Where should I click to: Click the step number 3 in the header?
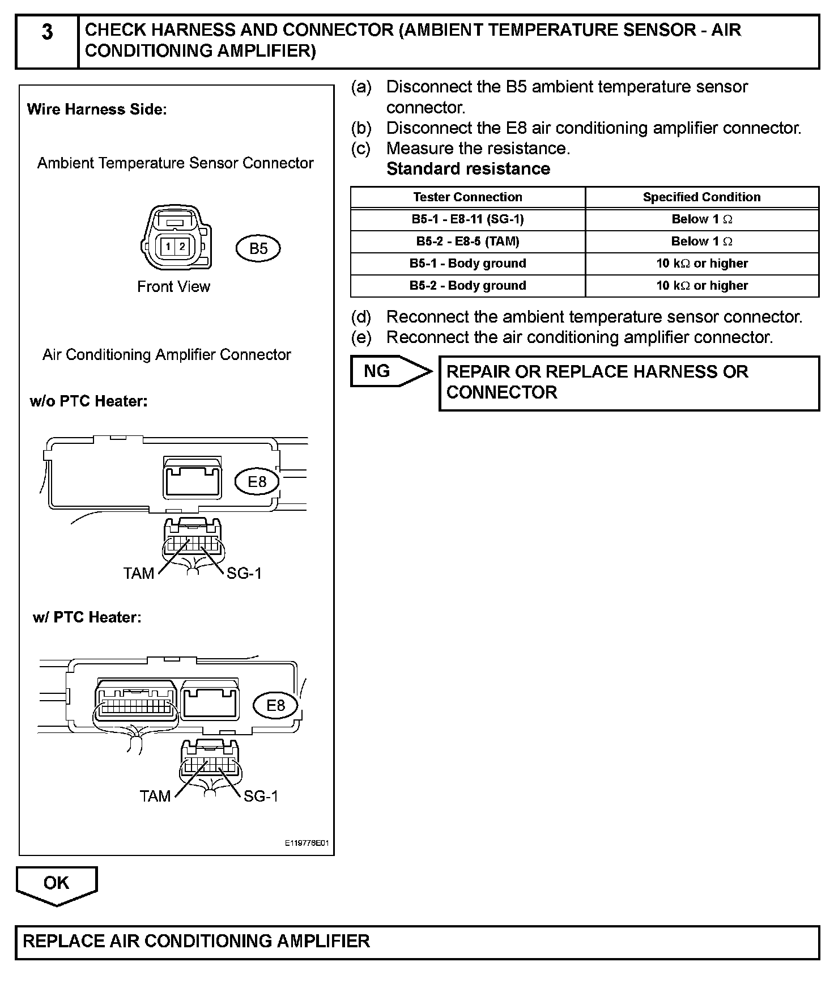pos(47,33)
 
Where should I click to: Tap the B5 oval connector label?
pos(258,248)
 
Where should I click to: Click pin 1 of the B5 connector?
pos(169,247)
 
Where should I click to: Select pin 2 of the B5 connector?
pos(182,247)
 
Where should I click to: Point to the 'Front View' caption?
pos(173,287)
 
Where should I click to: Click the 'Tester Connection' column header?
pos(467,197)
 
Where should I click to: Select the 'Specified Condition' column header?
pos(701,197)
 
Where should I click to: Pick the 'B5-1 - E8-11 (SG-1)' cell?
pos(467,219)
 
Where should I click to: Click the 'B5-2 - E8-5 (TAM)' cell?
pos(467,241)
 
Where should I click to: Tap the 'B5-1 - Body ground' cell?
pos(467,264)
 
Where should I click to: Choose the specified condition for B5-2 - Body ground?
pos(701,286)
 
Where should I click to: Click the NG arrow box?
pos(385,371)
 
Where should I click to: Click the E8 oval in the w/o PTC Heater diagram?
pos(257,482)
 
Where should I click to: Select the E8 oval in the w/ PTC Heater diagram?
pos(276,705)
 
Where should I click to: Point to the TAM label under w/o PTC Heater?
pos(139,574)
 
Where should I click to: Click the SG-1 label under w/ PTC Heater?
pos(261,796)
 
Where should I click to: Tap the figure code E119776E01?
pos(307,844)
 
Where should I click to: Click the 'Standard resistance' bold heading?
pos(468,169)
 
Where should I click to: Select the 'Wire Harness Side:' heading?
pos(97,109)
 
